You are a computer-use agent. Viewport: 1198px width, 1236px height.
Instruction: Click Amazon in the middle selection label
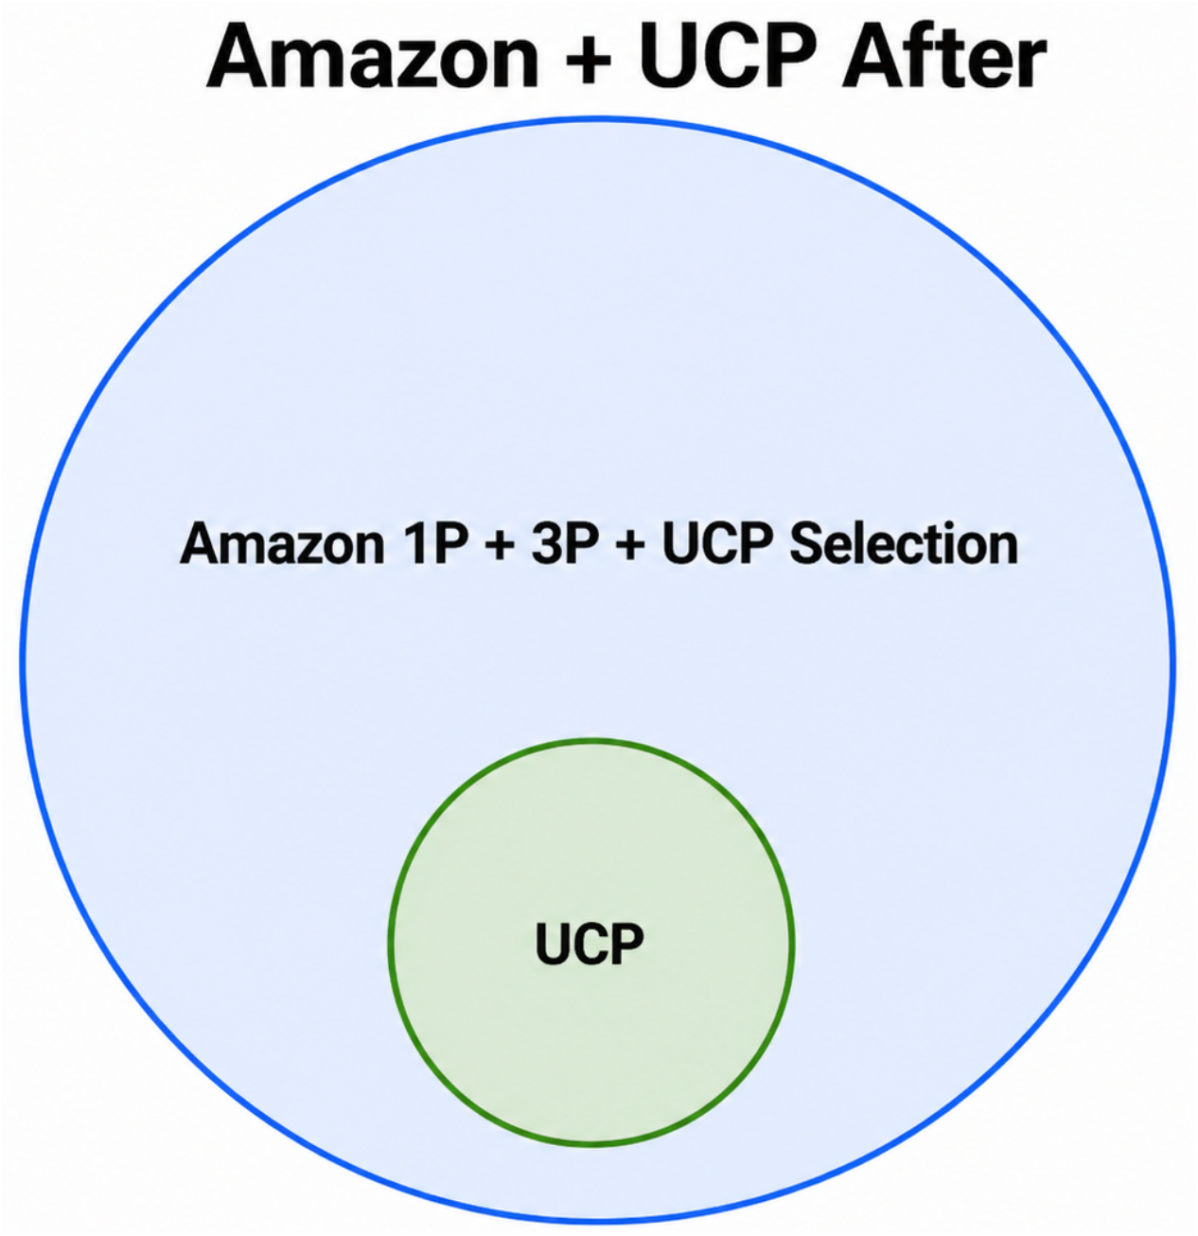click(282, 544)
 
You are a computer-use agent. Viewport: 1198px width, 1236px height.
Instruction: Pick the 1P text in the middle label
click(436, 544)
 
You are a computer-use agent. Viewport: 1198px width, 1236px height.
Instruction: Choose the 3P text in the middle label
click(565, 544)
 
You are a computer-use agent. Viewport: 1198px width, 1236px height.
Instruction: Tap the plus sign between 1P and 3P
click(500, 546)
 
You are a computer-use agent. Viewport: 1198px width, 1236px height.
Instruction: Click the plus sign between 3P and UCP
click(629, 546)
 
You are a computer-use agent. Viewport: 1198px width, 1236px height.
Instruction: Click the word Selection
click(904, 544)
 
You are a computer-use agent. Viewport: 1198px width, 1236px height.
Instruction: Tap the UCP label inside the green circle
click(590, 944)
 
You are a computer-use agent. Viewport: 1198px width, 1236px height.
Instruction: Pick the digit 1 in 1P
click(415, 544)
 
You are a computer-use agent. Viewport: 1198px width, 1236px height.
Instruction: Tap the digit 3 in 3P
click(547, 544)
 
